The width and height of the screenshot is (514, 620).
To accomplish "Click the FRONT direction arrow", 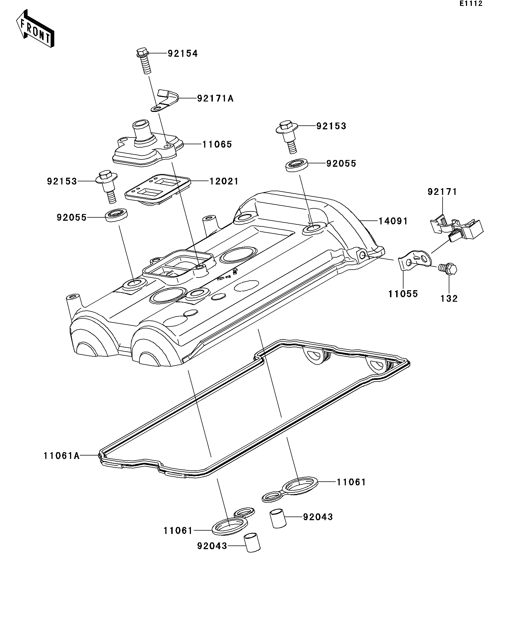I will [x=35, y=29].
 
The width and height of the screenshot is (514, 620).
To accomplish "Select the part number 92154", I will [x=182, y=53].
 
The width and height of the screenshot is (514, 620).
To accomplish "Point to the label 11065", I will [x=217, y=144].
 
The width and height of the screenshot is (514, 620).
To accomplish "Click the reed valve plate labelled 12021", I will [x=156, y=189].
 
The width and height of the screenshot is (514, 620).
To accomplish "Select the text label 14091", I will [x=393, y=221].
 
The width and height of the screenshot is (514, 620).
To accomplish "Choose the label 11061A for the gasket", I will [x=61, y=456].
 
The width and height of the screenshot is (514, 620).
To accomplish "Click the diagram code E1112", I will [x=471, y=4].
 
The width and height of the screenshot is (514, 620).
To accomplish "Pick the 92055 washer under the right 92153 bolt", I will [x=296, y=165].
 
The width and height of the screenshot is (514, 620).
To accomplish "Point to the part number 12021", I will [x=224, y=181].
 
